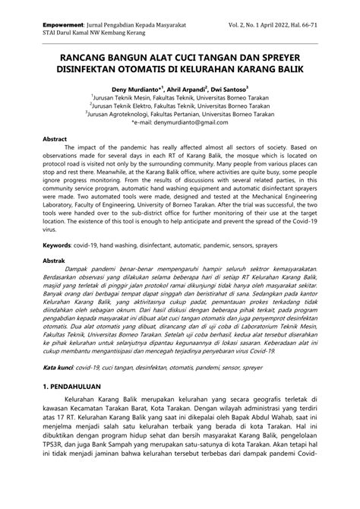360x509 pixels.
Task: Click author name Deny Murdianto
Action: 142,88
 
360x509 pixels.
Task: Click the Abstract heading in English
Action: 55,141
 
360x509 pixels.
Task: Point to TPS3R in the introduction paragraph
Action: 54,484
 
